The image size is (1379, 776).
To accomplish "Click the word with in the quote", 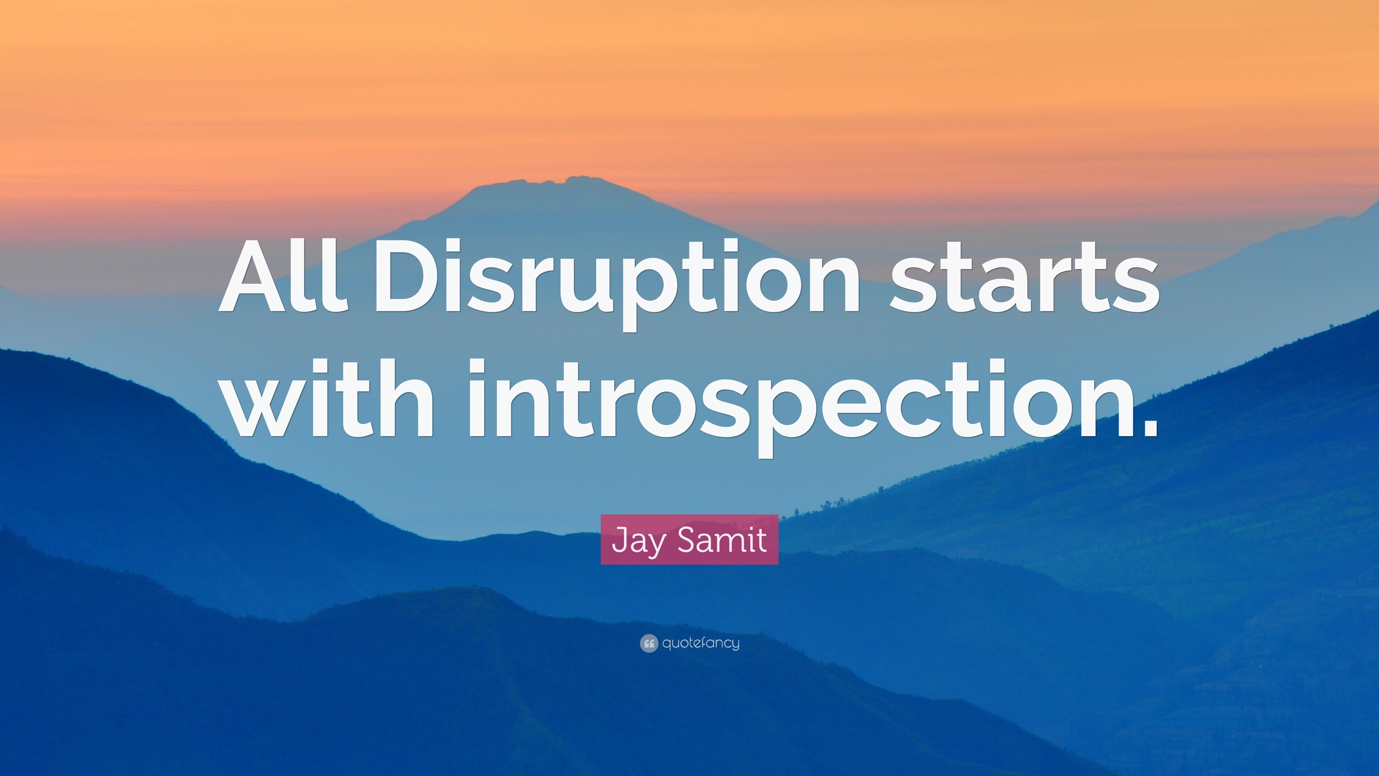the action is [x=327, y=396].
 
